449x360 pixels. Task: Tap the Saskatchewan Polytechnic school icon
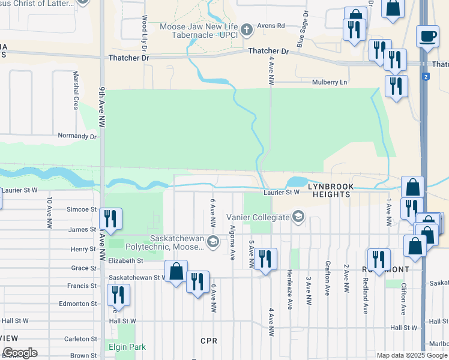(212, 242)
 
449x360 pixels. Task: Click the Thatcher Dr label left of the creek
(128, 58)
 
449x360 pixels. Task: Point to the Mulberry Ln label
(330, 83)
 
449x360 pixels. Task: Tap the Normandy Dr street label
(77, 136)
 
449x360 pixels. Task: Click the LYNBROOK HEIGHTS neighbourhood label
(329, 190)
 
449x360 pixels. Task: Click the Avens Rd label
(271, 26)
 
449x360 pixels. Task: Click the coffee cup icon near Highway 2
(427, 36)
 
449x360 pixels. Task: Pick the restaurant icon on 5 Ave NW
(265, 259)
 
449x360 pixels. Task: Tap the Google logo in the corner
(19, 353)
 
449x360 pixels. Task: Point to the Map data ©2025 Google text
(412, 355)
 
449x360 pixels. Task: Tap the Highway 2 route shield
(426, 77)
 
